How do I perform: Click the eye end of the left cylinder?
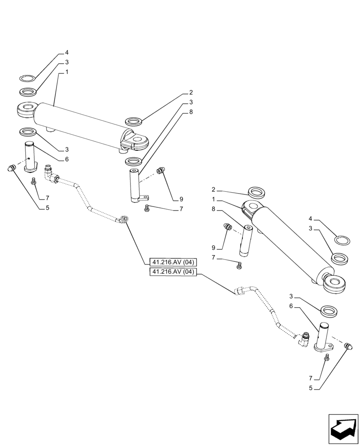25,110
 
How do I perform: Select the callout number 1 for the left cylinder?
66,72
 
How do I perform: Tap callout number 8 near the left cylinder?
191,112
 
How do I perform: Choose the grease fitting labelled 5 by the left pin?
12,168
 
